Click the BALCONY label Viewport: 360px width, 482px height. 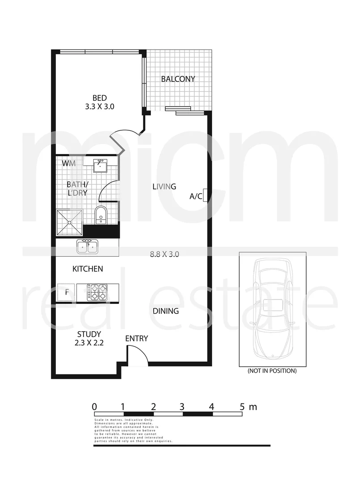[x=178, y=79]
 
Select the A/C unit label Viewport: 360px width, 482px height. [x=196, y=196]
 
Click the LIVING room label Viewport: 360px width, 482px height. [x=164, y=187]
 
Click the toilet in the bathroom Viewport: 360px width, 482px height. [x=101, y=215]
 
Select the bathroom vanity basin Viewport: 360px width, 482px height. [x=100, y=166]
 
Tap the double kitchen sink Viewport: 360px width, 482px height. [x=87, y=246]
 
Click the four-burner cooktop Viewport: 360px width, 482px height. [x=98, y=292]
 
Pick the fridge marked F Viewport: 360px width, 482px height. [x=67, y=293]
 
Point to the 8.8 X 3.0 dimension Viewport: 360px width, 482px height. [x=164, y=254]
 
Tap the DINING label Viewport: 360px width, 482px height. [x=166, y=311]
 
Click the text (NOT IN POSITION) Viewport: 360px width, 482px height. [x=272, y=370]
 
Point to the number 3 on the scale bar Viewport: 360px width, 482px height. [x=182, y=407]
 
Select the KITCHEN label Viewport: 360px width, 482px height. [x=88, y=269]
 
